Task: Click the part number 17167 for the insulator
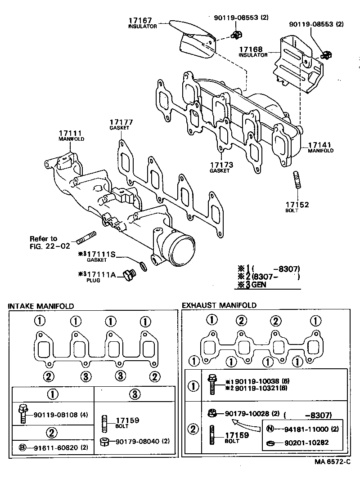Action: click(140, 21)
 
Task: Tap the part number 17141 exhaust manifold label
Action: click(319, 145)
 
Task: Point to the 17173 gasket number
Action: click(221, 165)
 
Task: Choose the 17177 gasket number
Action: click(119, 122)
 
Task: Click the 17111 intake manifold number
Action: click(69, 134)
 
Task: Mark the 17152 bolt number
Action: click(297, 205)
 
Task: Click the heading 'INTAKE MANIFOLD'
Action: click(41, 306)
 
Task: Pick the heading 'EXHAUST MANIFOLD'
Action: click(219, 305)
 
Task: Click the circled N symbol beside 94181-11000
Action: click(270, 429)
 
